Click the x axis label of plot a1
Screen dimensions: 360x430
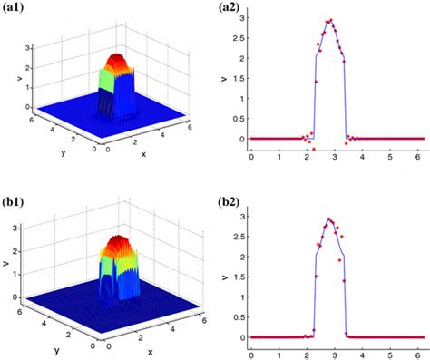tap(143, 152)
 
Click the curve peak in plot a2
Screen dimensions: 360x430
tap(330, 21)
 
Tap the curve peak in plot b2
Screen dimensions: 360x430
tap(330, 219)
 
